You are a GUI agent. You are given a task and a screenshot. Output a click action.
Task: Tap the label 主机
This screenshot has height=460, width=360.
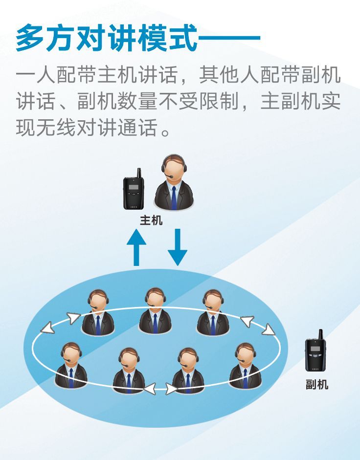point(151,220)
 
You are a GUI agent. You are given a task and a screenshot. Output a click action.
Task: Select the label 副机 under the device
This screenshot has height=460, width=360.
point(317,385)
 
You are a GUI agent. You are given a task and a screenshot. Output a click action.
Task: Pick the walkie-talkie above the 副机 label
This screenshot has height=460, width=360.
point(315,354)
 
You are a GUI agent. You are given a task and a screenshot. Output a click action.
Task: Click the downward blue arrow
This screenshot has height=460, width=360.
point(177,247)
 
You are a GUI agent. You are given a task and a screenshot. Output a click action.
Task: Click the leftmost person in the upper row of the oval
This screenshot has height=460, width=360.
point(98,313)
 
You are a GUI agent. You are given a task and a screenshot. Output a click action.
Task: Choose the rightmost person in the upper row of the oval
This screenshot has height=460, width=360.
point(212,313)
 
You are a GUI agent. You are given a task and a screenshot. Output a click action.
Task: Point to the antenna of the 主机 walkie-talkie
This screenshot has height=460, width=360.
point(139,173)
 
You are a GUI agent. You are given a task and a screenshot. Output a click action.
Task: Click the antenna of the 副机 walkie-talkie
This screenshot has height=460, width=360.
point(321,334)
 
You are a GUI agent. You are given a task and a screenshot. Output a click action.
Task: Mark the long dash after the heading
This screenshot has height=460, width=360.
point(230,38)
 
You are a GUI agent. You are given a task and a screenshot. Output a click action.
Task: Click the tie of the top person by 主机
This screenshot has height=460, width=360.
point(174,198)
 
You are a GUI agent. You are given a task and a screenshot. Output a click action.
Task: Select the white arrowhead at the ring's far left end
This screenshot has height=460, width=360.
point(47,328)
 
